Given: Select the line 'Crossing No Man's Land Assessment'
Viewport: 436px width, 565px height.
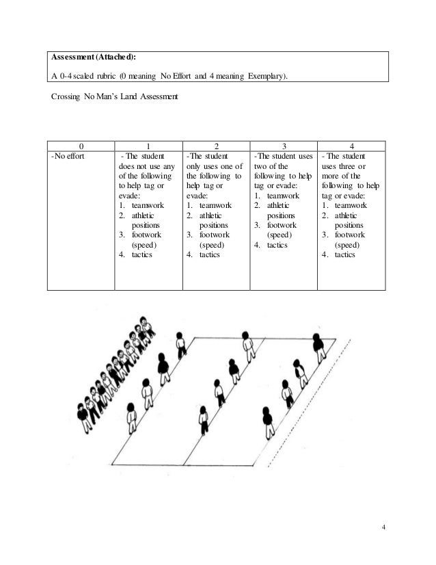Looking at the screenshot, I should point(114,97).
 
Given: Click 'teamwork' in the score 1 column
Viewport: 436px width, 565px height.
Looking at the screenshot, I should point(148,205).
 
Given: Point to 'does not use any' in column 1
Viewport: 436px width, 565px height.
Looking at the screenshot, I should point(146,166).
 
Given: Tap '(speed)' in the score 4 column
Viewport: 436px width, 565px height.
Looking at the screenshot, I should point(349,244).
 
